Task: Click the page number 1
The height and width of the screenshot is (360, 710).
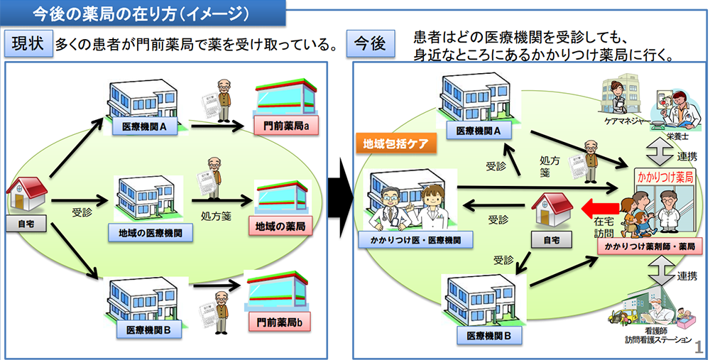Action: pyautogui.click(x=699, y=347)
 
